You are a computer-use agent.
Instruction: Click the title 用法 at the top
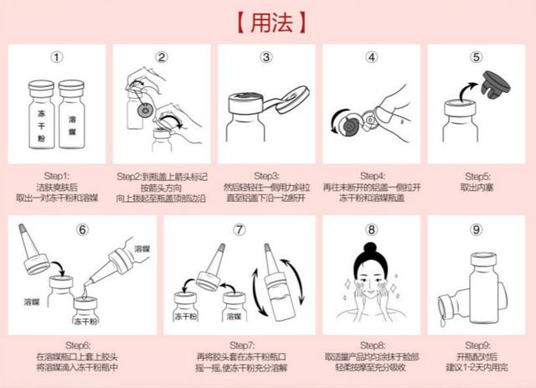pyautogui.click(x=267, y=19)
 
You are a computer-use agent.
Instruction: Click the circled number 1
pyautogui.click(x=57, y=58)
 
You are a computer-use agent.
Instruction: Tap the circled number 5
pyautogui.click(x=477, y=58)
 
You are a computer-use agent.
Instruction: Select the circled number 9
pyautogui.click(x=477, y=229)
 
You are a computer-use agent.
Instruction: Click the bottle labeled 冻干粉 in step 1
pyautogui.click(x=42, y=117)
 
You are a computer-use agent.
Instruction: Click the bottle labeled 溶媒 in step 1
pyautogui.click(x=74, y=117)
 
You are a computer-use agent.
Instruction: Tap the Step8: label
pyautogui.click(x=371, y=345)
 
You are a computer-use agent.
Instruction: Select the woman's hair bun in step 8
pyautogui.click(x=371, y=252)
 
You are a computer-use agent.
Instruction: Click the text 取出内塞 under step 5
pyautogui.click(x=476, y=186)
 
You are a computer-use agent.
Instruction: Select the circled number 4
pyautogui.click(x=371, y=58)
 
